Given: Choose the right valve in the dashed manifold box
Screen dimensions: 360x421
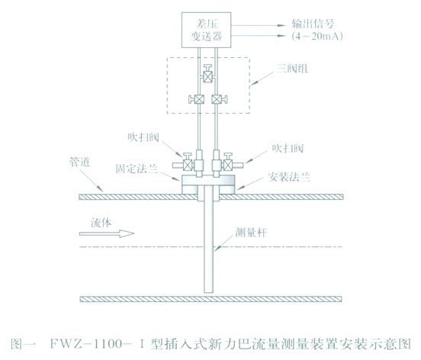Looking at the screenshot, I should point(218,98).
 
